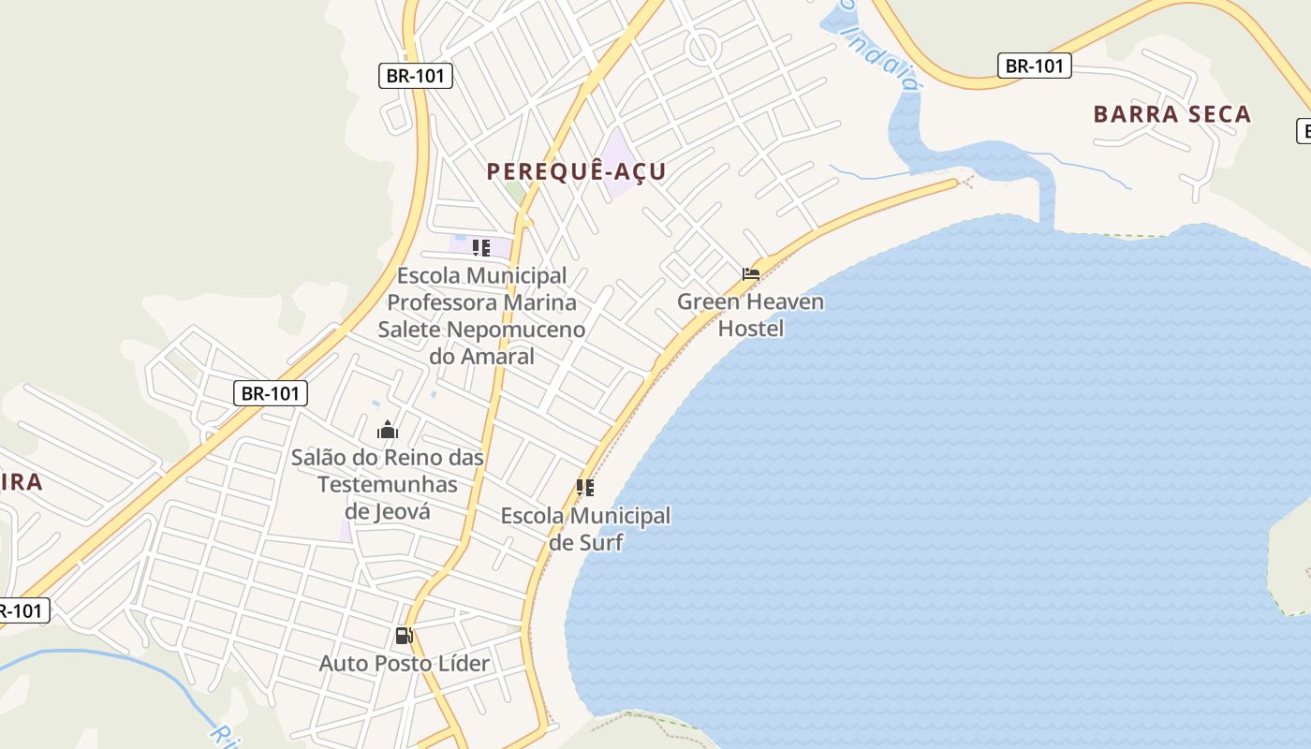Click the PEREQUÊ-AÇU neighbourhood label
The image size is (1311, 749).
click(x=576, y=171)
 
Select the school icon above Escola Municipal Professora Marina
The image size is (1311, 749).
click(x=481, y=248)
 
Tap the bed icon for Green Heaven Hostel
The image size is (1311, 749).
click(x=751, y=274)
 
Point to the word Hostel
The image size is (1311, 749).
click(x=751, y=329)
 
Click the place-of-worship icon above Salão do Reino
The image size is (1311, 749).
click(x=388, y=431)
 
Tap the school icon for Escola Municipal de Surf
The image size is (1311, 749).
click(x=585, y=488)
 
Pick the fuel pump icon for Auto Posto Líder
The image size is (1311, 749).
click(x=404, y=636)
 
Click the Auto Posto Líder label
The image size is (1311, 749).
click(x=405, y=663)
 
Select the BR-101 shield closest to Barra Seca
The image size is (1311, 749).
click(x=1034, y=66)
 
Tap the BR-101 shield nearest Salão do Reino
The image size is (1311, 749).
click(x=270, y=393)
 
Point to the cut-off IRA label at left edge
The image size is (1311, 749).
click(x=21, y=482)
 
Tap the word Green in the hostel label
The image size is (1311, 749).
click(x=709, y=301)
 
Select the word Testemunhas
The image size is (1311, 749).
click(x=388, y=484)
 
